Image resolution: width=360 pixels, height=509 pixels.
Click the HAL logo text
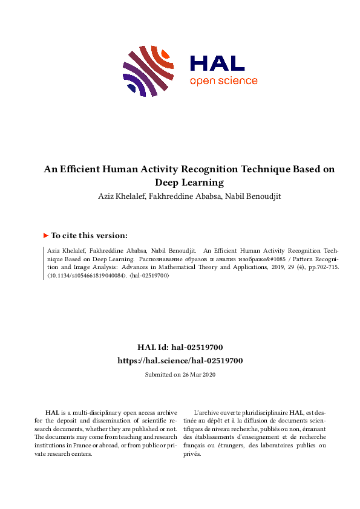pos(217,63)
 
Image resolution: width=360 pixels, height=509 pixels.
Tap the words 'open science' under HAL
pos(223,82)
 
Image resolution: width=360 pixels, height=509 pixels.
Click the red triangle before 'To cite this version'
pos(45,235)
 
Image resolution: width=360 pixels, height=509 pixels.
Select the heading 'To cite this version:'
pos(89,236)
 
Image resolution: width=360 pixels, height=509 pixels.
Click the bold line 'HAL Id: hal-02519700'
pos(180,348)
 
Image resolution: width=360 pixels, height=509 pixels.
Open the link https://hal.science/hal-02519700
pos(180,360)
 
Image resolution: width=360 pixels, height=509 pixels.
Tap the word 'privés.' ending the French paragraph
pos(192,453)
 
